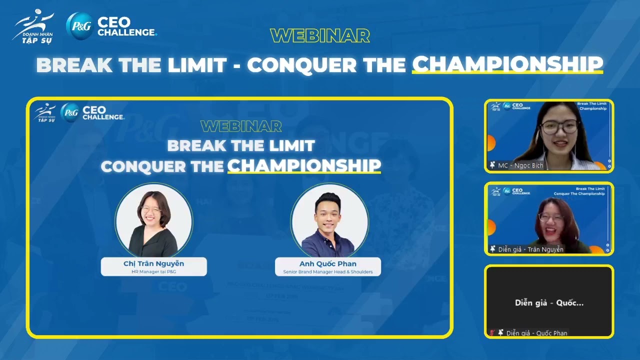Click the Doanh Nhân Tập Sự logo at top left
tap(33, 26)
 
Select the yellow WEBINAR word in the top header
tap(320, 35)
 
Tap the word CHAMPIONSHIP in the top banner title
tap(507, 64)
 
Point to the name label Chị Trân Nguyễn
tap(153, 263)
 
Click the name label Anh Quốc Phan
tap(327, 263)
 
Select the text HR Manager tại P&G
tap(153, 271)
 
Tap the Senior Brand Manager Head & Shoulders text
tap(327, 271)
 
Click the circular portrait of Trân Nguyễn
tap(153, 220)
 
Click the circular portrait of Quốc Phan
tap(329, 220)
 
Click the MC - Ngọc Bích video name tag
tap(520, 165)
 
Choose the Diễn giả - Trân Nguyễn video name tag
tap(530, 249)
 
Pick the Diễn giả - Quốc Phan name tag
tap(536, 333)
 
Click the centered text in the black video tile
tap(549, 302)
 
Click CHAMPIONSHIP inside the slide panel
tap(304, 166)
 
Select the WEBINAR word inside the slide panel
tap(241, 126)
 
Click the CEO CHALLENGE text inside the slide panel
tap(102, 113)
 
